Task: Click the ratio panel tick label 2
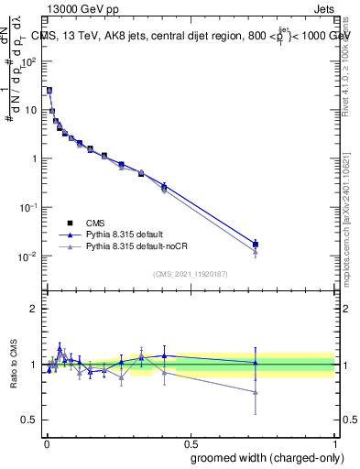(35, 309)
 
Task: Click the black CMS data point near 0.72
(256, 245)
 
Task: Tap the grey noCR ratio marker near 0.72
(256, 392)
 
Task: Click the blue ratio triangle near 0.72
(256, 363)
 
